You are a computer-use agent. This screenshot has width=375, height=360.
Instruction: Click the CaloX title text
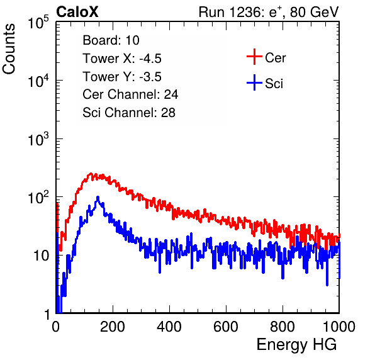[x=77, y=12]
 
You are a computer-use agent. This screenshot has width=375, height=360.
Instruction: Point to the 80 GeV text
[x=315, y=12]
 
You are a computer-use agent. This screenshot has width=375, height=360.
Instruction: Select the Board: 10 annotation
[x=111, y=40]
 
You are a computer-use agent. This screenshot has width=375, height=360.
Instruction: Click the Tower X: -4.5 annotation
[x=122, y=59]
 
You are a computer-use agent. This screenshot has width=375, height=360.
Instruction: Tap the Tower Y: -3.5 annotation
[x=122, y=77]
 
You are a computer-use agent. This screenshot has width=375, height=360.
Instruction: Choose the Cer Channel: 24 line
[x=130, y=94]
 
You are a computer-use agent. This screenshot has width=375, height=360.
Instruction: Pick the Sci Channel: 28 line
[x=129, y=113]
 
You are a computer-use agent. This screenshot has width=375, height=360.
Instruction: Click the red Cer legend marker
[x=254, y=57]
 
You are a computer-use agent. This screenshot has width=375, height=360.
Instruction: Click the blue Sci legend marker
[x=254, y=83]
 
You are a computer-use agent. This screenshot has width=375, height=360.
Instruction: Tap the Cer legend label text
[x=275, y=58]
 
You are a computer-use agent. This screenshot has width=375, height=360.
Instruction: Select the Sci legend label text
[x=274, y=84]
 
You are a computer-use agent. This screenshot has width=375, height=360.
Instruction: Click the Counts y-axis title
[x=9, y=49]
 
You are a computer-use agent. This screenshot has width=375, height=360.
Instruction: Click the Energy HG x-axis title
[x=296, y=345]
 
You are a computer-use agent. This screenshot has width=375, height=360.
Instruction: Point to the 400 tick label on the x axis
[x=169, y=327]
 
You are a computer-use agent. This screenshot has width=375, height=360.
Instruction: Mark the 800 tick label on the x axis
[x=283, y=327]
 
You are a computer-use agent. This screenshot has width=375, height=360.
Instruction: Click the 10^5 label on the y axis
[x=38, y=23]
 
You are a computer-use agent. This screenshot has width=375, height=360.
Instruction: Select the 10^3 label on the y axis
[x=38, y=139]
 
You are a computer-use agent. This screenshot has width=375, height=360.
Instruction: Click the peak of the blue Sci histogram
[x=98, y=197]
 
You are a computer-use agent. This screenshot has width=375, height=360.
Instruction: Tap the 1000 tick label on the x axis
[x=339, y=327]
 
